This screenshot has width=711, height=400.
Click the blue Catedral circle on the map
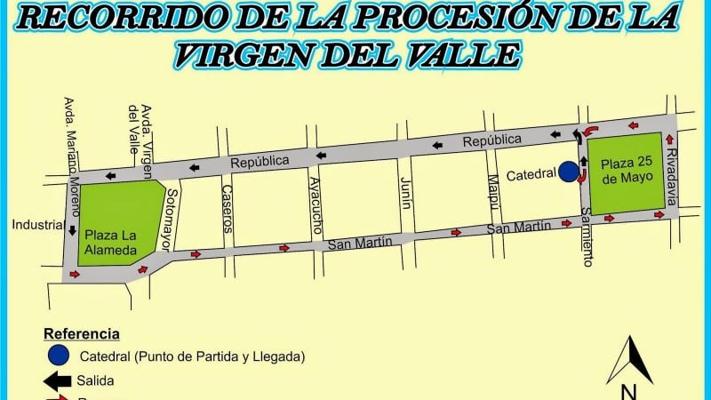pyautogui.click(x=568, y=171)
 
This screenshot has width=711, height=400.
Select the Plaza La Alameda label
pyautogui.click(x=111, y=243)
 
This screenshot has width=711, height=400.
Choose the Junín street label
pyautogui.click(x=405, y=192)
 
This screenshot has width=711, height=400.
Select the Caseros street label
pyautogui.click(x=227, y=208)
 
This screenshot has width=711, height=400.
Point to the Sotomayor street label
pyautogui.click(x=172, y=217)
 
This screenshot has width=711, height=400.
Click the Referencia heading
pyautogui.click(x=82, y=334)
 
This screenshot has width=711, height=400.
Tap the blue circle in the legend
pyautogui.click(x=59, y=356)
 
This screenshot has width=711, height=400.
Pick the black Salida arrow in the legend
pyautogui.click(x=58, y=381)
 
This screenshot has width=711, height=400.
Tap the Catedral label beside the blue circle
pyautogui.click(x=531, y=175)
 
